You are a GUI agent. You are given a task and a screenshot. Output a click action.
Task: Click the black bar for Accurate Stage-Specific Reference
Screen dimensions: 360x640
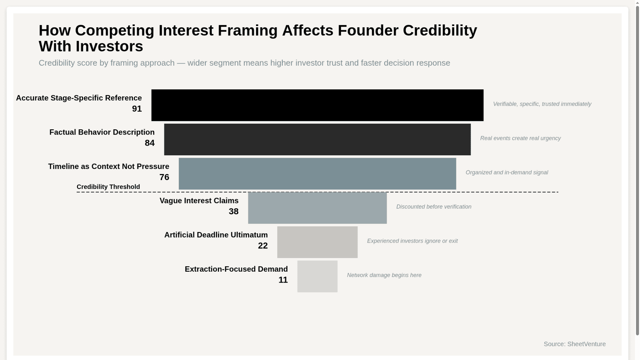(317, 105)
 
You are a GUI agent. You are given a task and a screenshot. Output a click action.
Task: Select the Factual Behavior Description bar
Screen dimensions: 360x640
(317, 139)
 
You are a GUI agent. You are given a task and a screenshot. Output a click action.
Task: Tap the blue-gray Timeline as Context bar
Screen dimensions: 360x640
(317, 174)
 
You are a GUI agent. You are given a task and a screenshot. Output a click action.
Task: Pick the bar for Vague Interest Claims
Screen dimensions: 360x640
(317, 208)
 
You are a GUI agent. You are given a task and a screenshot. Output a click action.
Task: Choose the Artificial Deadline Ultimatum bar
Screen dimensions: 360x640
(317, 242)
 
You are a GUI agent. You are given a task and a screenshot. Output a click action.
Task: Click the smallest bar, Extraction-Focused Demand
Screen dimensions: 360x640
(317, 276)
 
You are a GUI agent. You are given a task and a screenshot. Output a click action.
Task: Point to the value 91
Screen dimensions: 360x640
(137, 109)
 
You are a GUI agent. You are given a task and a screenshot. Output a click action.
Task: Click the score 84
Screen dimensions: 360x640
(149, 143)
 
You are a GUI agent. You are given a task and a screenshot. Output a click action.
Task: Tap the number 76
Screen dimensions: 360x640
(164, 177)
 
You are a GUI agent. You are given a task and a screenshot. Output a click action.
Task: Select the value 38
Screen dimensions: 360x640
(233, 212)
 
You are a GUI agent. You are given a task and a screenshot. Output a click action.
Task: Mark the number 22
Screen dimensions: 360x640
(263, 246)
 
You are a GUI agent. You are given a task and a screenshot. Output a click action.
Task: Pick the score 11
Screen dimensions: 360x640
(283, 280)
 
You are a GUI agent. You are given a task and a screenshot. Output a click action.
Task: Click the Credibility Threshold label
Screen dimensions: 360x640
(108, 187)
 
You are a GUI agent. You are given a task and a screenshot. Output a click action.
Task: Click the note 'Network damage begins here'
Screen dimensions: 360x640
(384, 275)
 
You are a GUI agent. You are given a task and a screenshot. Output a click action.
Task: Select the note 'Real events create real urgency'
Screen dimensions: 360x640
(520, 138)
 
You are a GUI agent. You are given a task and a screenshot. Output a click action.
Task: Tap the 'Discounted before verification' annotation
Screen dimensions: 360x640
(433, 207)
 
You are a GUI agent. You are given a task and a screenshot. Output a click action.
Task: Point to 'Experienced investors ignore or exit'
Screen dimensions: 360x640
(412, 241)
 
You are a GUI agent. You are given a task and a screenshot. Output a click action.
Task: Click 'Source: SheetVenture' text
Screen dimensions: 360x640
(574, 344)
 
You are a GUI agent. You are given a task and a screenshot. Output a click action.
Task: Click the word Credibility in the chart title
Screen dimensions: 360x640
(440, 31)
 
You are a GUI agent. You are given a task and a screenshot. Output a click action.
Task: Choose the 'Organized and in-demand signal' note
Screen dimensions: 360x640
(506, 173)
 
